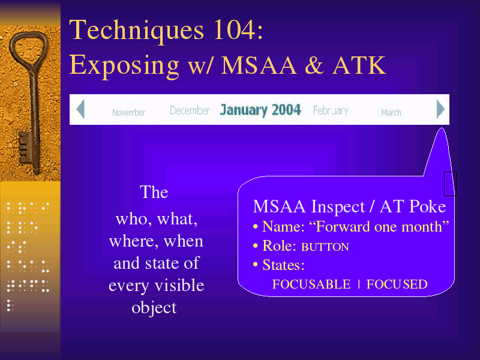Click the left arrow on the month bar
pyautogui.click(x=80, y=109)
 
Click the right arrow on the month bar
pyautogui.click(x=440, y=109)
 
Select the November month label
pyautogui.click(x=128, y=113)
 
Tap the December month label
pyautogui.click(x=190, y=110)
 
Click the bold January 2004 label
pyautogui.click(x=260, y=110)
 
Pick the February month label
pyautogui.click(x=331, y=111)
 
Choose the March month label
pyautogui.click(x=391, y=113)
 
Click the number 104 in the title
pyautogui.click(x=233, y=29)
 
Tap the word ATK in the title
pyautogui.click(x=359, y=65)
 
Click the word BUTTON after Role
pyautogui.click(x=325, y=247)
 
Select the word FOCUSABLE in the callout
pyautogui.click(x=311, y=284)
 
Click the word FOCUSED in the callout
pyautogui.click(x=397, y=284)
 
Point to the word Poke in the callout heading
pyautogui.click(x=428, y=206)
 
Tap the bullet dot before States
pyautogui.click(x=256, y=265)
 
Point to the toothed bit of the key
pyautogui.click(x=24, y=147)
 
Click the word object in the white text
pyautogui.click(x=154, y=308)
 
